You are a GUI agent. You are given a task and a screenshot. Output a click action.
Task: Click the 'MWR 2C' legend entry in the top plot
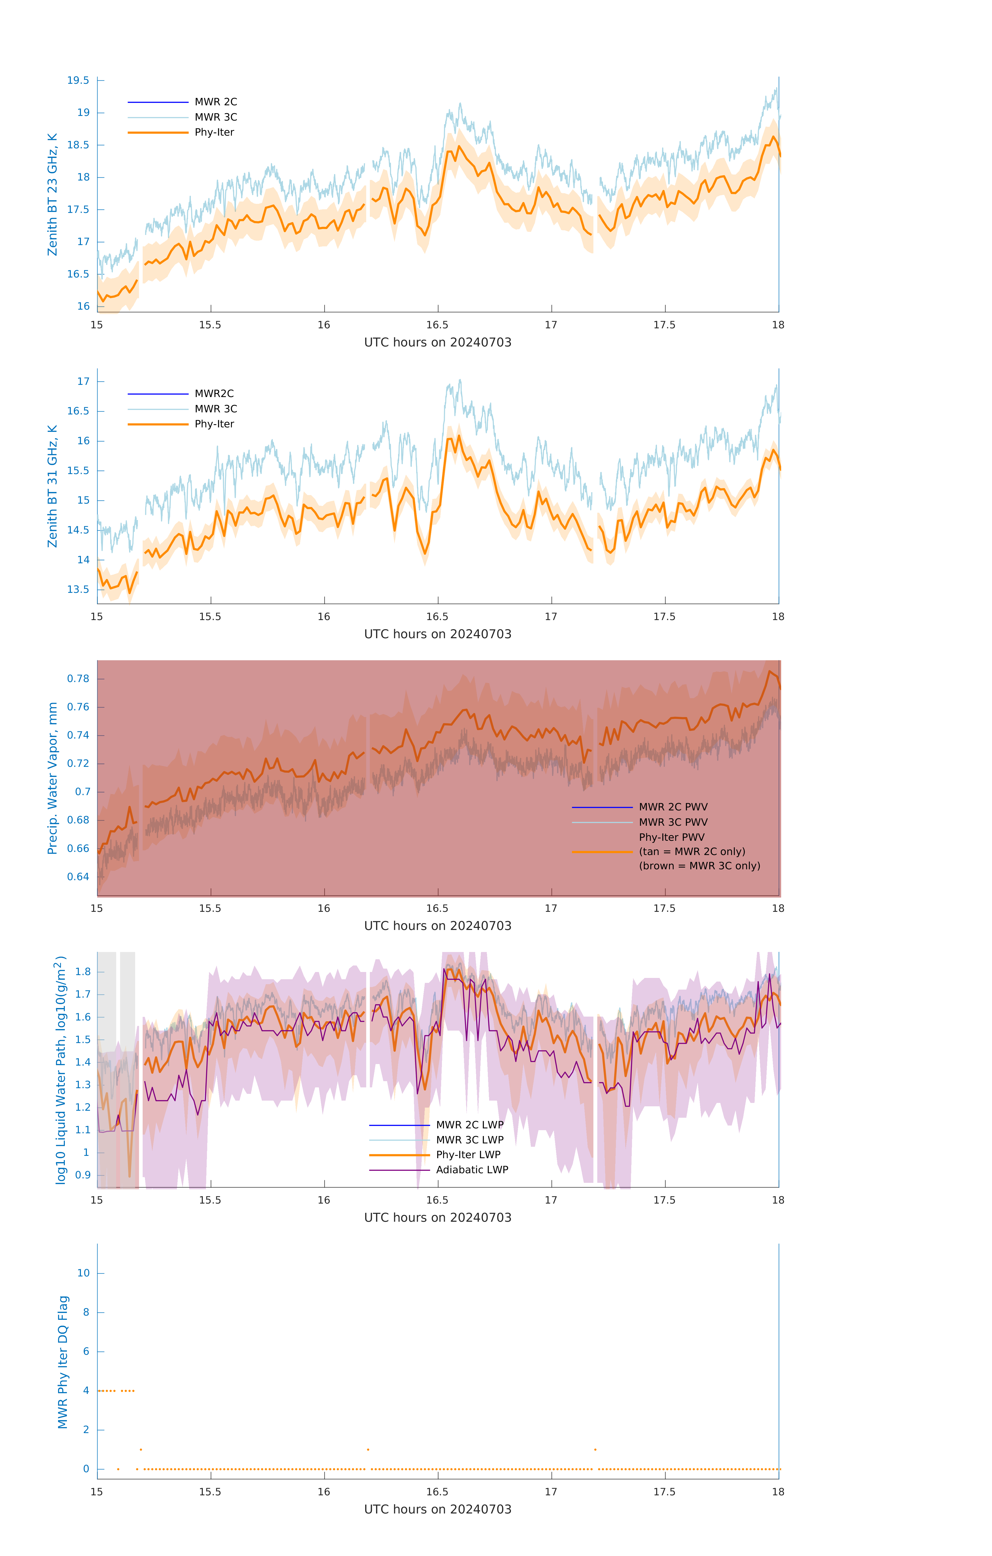(x=216, y=102)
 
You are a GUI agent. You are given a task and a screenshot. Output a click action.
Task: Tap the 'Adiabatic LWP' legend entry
(x=472, y=1170)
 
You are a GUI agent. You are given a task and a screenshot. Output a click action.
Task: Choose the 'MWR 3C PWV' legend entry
(x=673, y=822)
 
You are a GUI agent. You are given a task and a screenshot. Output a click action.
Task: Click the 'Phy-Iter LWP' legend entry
(x=468, y=1155)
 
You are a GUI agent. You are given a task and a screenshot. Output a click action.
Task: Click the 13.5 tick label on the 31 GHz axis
(x=78, y=589)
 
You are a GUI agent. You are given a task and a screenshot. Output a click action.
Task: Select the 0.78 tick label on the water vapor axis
(x=78, y=678)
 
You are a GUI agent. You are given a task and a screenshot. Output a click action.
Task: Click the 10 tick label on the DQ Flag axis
(x=83, y=1273)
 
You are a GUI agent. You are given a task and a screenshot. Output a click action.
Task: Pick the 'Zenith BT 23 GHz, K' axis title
(x=52, y=195)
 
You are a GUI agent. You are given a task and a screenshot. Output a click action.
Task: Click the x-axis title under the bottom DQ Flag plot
(x=438, y=1510)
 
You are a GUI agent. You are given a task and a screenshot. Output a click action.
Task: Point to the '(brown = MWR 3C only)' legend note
(x=699, y=866)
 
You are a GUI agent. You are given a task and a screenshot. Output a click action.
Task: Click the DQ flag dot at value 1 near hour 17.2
(x=595, y=1449)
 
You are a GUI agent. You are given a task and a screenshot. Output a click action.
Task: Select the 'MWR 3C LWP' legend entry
(x=469, y=1140)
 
